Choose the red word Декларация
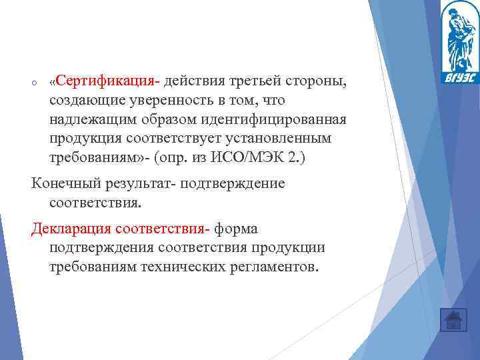coord(71,229)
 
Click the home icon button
coord(453,320)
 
